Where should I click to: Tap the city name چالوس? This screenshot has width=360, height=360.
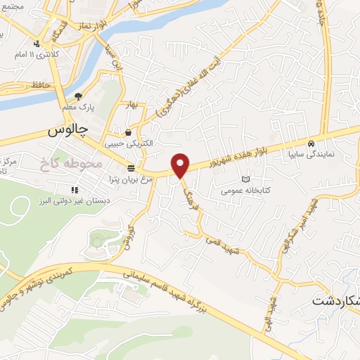click(67, 131)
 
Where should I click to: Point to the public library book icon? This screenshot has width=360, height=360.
click(245, 179)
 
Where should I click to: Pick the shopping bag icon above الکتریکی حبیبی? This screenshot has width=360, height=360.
click(128, 131)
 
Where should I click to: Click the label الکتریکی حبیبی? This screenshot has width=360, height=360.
click(128, 143)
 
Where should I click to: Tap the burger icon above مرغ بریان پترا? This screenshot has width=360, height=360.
click(131, 168)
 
